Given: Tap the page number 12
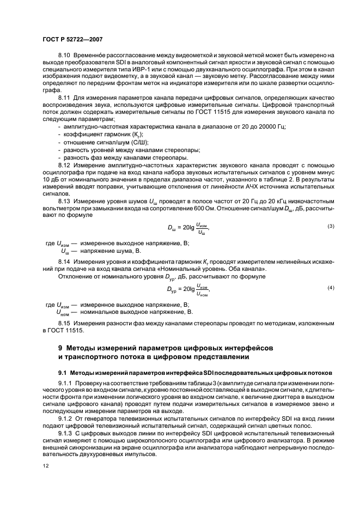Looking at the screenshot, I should click(46, 466).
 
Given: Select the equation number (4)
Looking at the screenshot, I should click(330, 287).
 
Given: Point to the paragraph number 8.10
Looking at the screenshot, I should click(64, 56).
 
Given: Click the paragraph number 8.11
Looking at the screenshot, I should click(64, 98).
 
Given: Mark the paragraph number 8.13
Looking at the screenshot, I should click(64, 200).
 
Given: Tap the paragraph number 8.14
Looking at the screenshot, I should click(64, 262).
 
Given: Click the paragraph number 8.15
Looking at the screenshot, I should click(64, 323).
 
